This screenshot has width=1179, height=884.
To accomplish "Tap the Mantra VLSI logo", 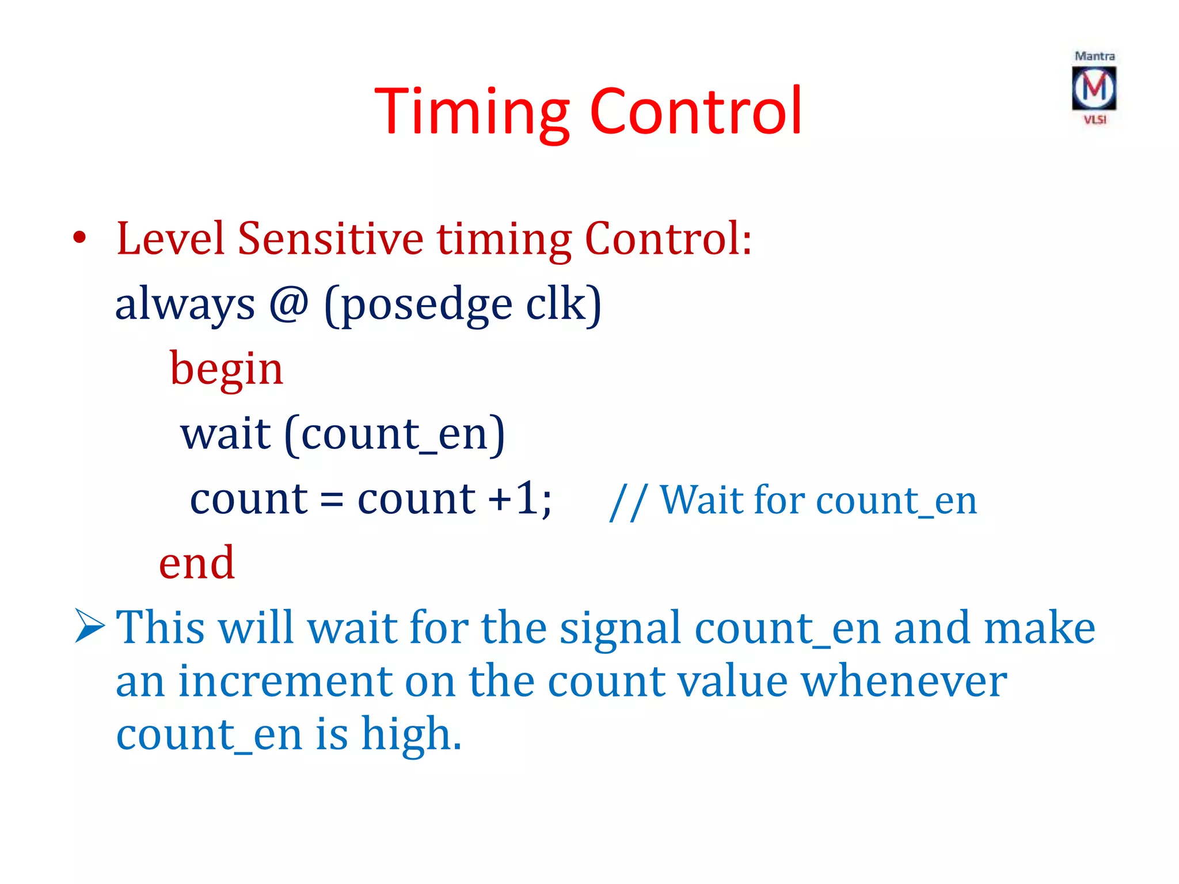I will [1094, 88].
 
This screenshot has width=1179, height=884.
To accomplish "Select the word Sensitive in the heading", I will [330, 238].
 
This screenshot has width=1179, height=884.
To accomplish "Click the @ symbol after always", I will [289, 303].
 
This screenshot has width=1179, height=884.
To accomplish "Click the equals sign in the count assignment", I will [332, 499].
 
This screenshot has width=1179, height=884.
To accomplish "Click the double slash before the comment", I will [628, 501].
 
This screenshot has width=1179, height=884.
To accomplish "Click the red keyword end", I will [196, 562].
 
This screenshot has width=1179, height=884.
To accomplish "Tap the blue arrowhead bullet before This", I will [90, 626].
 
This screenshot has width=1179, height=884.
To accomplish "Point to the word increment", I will [285, 681].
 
